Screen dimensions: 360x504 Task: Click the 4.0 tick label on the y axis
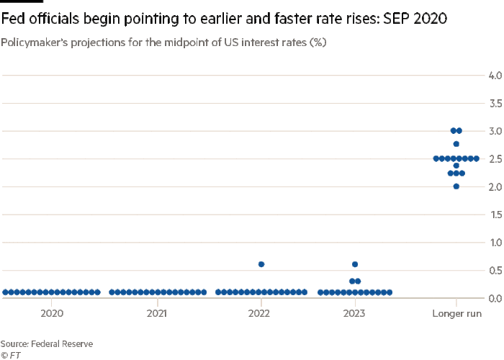(495, 75)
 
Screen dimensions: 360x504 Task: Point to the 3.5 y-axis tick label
(495, 103)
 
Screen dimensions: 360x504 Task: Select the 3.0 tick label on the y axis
(495, 130)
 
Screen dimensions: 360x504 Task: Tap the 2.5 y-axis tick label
(495, 158)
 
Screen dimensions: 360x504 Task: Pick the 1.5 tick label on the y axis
(495, 214)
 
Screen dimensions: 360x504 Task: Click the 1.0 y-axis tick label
(495, 242)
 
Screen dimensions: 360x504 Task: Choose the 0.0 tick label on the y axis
(495, 297)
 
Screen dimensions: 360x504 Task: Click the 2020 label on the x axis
(53, 313)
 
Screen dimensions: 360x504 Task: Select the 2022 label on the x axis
(261, 313)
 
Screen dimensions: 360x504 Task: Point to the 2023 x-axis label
(354, 313)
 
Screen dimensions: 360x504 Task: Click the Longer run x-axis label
(456, 313)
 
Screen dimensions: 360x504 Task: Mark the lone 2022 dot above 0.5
(261, 264)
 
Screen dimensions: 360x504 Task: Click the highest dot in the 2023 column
(354, 264)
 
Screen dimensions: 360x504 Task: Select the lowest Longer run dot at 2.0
(456, 186)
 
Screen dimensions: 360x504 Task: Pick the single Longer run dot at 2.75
(456, 144)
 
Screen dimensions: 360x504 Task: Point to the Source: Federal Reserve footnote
(47, 344)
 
